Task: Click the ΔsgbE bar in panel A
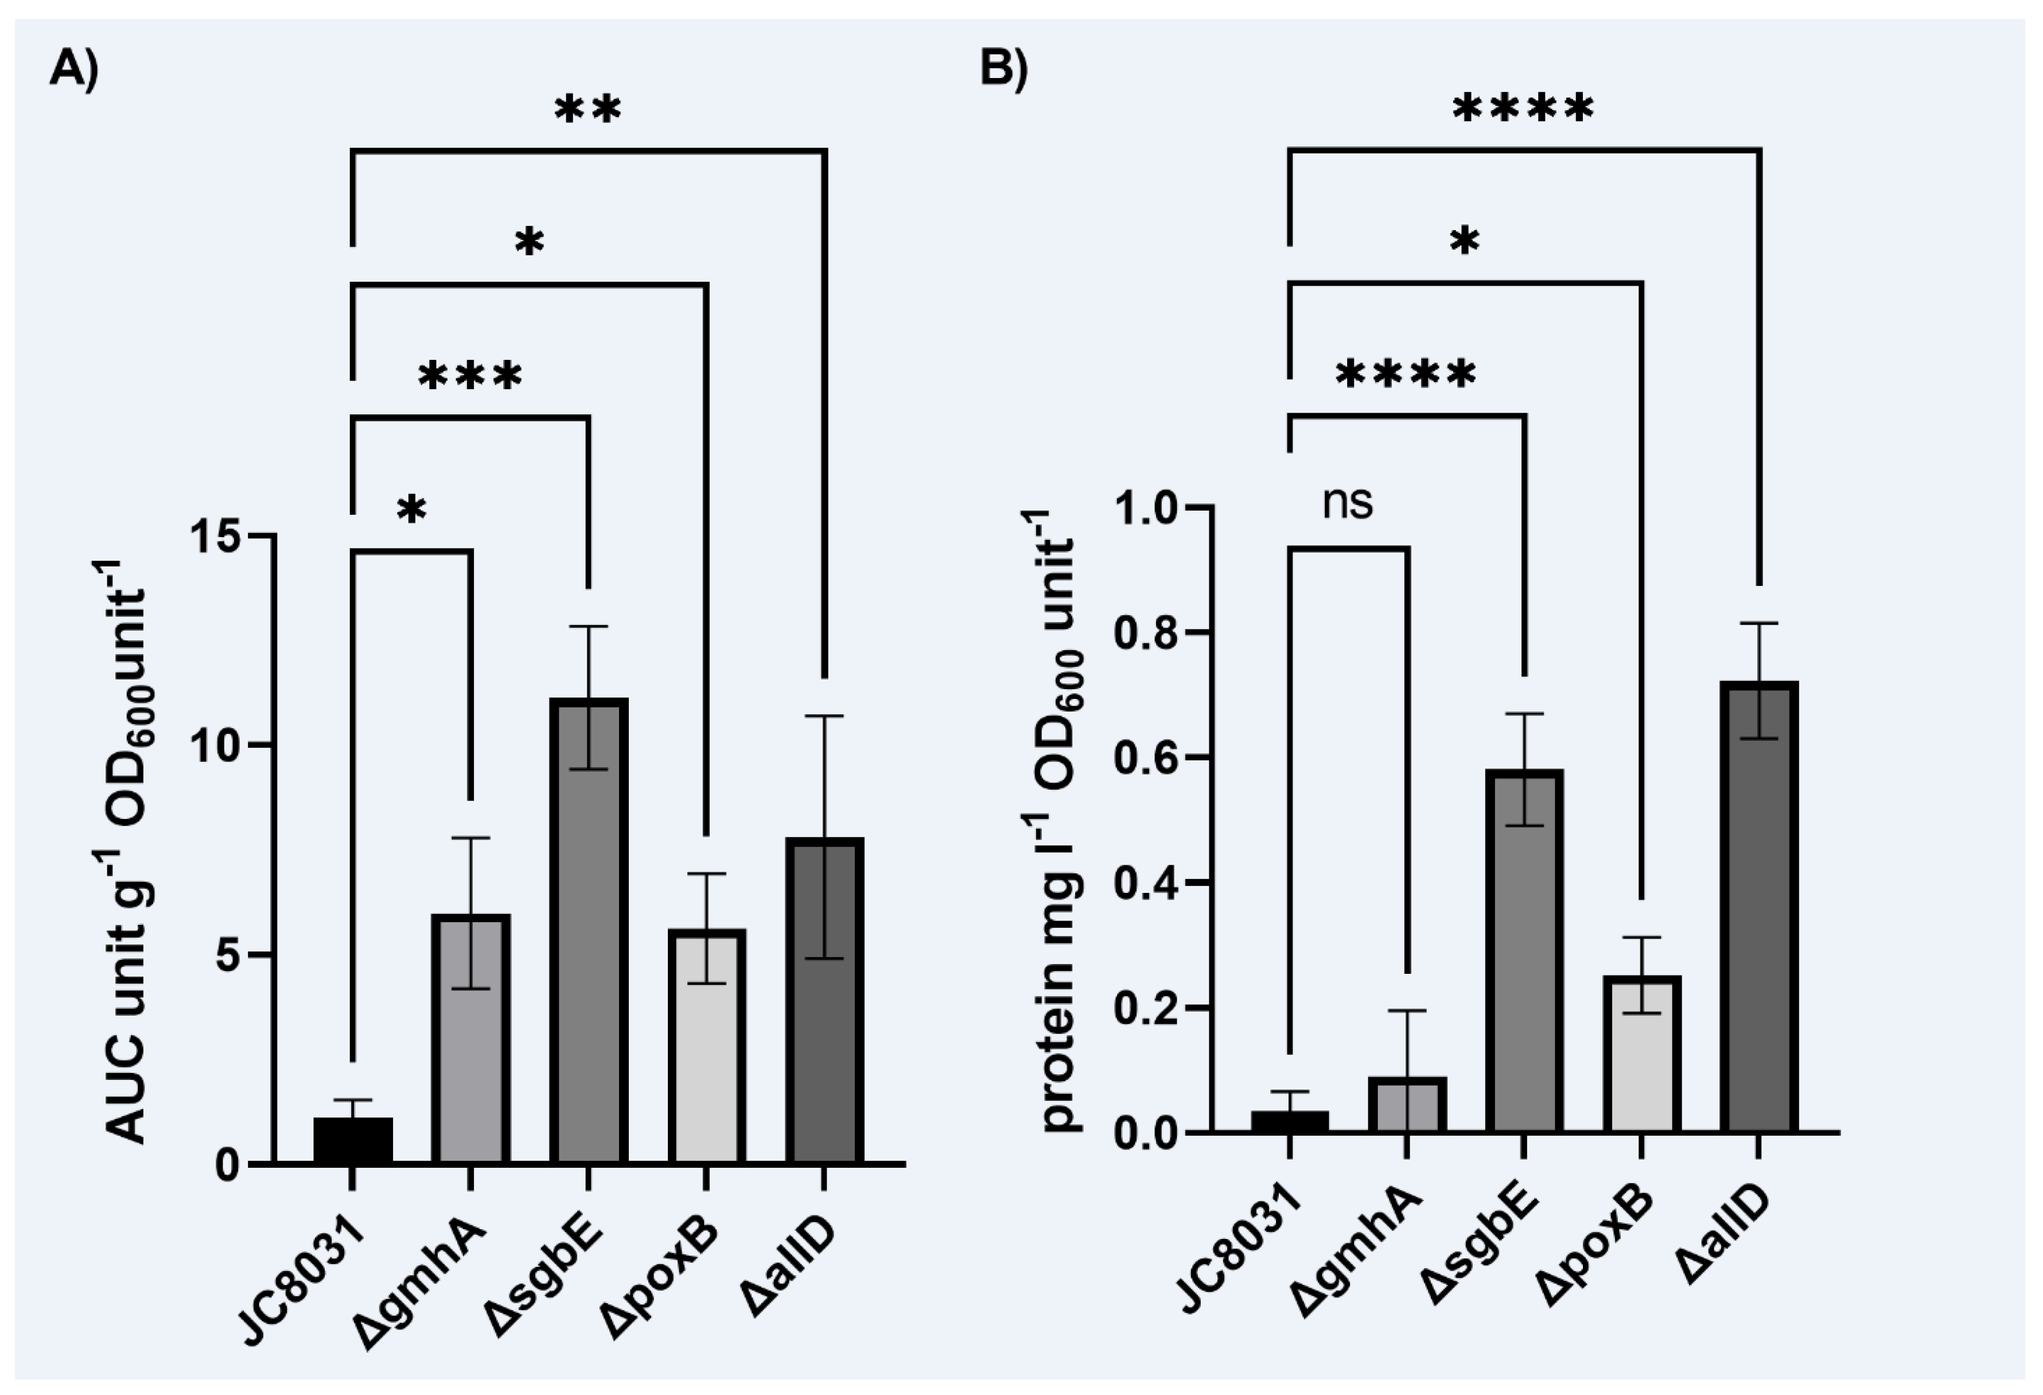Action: point(588,932)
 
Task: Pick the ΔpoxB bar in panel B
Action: point(1641,1055)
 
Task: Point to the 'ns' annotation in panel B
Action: point(1348,504)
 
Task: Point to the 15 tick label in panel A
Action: point(217,535)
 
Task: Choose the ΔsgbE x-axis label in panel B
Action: point(1486,1248)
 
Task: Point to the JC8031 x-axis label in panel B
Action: point(1240,1257)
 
